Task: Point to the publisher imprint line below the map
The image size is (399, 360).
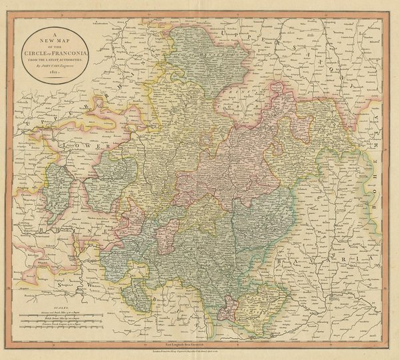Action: (x=199, y=348)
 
